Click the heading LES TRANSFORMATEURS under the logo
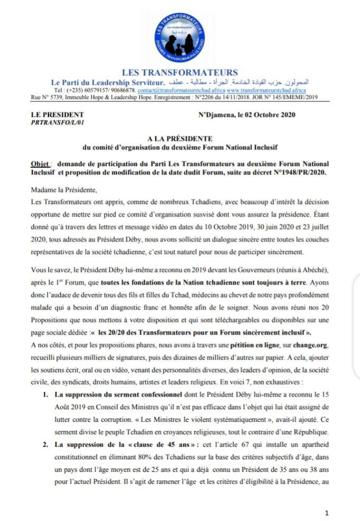pyautogui.click(x=180, y=73)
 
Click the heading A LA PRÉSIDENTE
pyautogui.click(x=180, y=139)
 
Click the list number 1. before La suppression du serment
pyautogui.click(x=46, y=394)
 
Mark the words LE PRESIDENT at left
pyautogui.click(x=57, y=114)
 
